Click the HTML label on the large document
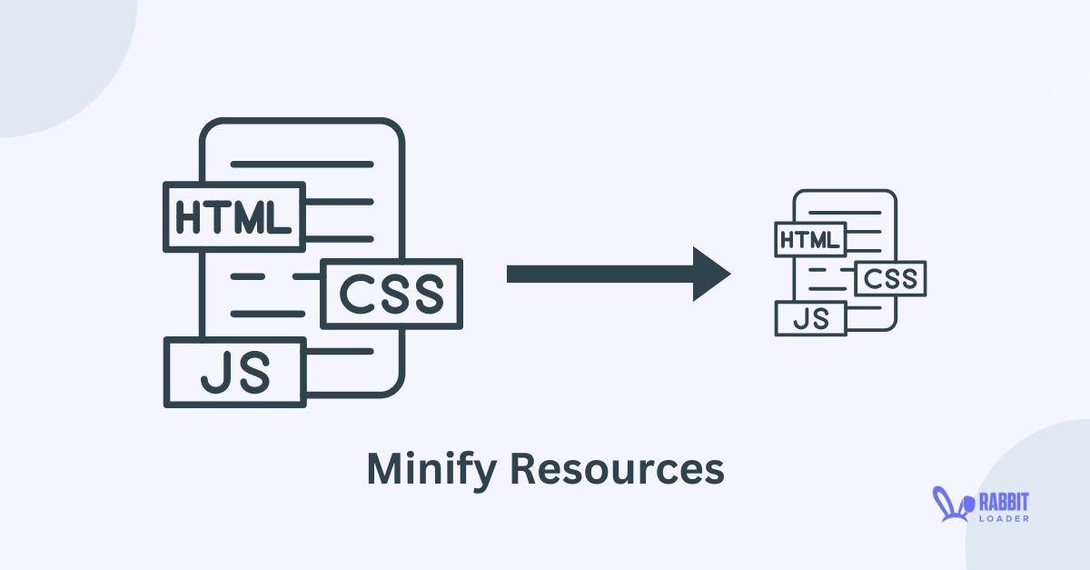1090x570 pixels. pyautogui.click(x=234, y=217)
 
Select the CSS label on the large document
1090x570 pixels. pyautogui.click(x=391, y=293)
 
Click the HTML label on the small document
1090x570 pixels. pyautogui.click(x=810, y=240)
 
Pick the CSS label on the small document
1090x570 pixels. pyautogui.click(x=890, y=279)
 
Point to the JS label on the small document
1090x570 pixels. pyautogui.click(x=810, y=318)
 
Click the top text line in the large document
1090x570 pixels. pyautogui.click(x=302, y=165)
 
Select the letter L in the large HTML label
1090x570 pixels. pyautogui.click(x=280, y=217)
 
